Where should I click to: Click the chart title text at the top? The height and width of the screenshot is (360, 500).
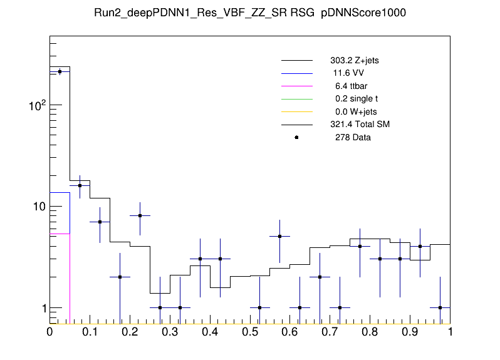(x=250, y=14)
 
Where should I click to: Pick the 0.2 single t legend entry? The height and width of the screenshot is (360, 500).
(x=356, y=99)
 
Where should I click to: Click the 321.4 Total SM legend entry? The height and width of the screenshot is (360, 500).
(x=360, y=125)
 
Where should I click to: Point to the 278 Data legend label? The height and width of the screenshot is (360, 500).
(x=353, y=137)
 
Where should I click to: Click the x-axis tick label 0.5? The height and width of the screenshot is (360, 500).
(x=250, y=332)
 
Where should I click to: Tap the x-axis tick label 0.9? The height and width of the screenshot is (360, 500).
(x=410, y=332)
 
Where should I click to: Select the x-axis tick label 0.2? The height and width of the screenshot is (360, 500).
(x=130, y=332)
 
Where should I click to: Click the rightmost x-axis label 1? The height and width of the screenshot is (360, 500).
(x=450, y=332)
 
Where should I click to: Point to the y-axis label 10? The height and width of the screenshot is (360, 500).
(x=38, y=207)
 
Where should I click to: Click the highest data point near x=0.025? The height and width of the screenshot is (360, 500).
(x=60, y=72)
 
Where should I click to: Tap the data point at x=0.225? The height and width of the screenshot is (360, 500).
(x=140, y=215)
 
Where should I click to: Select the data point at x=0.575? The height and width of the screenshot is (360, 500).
(x=279, y=236)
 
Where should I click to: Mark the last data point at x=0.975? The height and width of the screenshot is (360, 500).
(x=440, y=307)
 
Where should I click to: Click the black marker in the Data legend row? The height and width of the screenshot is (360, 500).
(x=296, y=137)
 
